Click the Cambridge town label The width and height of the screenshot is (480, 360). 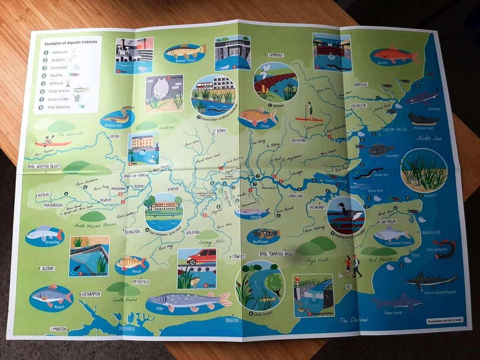[x=275, y=55]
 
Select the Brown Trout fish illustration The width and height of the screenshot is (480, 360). [x=186, y=51]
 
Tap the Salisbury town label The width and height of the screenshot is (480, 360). [x=48, y=269]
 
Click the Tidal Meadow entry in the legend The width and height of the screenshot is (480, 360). [x=60, y=107]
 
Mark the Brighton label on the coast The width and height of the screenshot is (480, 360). [x=232, y=320]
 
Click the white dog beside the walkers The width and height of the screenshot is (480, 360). [x=340, y=274]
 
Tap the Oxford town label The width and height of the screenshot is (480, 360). [x=115, y=136]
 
